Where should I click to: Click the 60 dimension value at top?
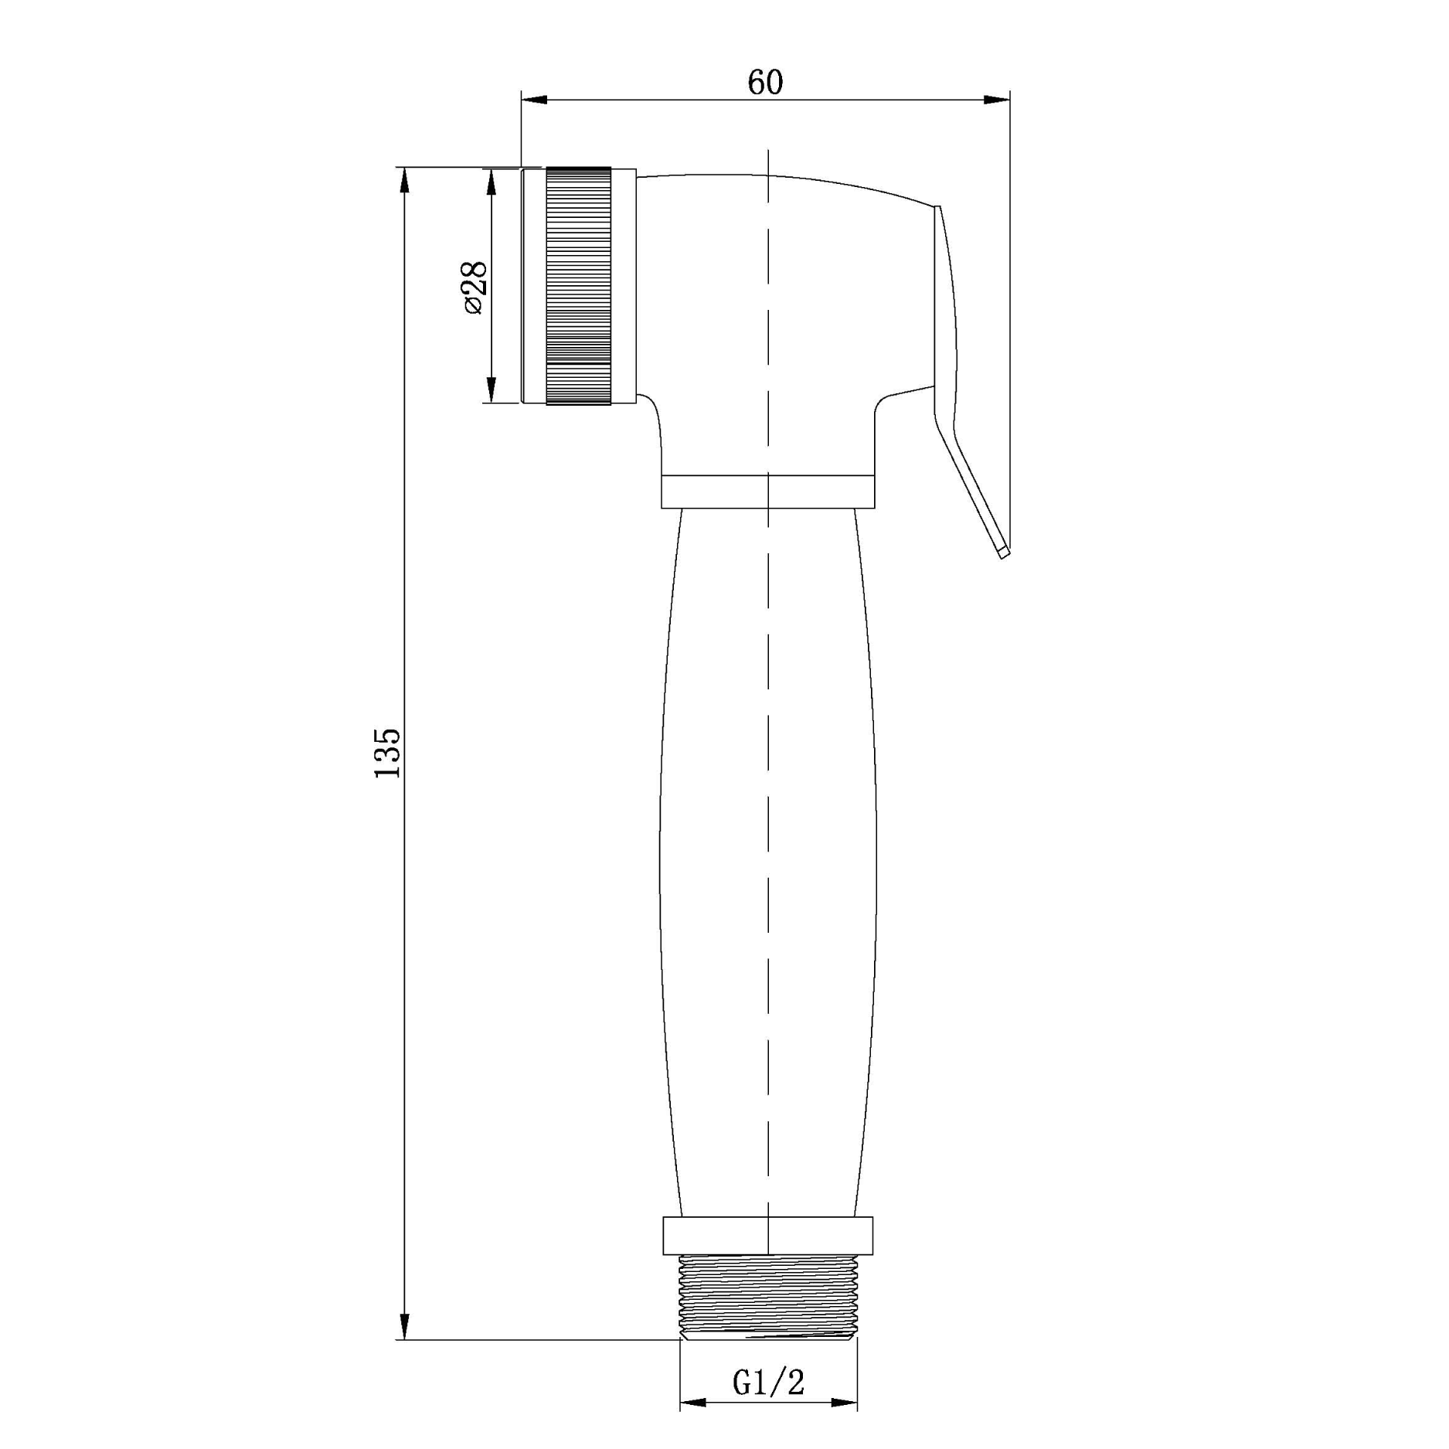(765, 83)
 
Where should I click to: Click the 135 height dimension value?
(387, 753)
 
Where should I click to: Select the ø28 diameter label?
(474, 287)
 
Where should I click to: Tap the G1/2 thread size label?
(768, 1382)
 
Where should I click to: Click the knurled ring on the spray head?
(579, 286)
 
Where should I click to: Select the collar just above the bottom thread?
(768, 1236)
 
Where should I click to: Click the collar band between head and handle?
(768, 492)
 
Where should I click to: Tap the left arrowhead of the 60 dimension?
(533, 100)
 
